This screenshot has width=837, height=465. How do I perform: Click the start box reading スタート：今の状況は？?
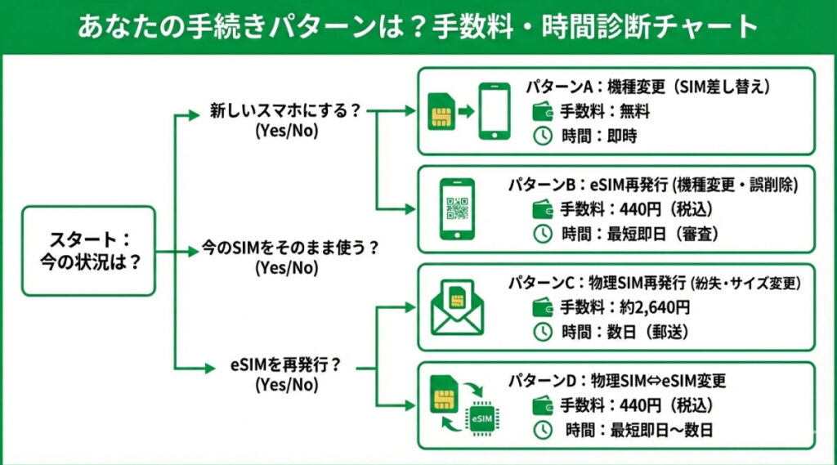(x=88, y=250)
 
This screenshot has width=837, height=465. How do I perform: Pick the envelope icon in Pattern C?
(x=458, y=308)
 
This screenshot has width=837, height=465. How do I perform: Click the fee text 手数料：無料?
(x=604, y=111)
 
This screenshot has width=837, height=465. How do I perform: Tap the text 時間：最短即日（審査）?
(x=639, y=234)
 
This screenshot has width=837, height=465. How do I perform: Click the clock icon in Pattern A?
(x=542, y=136)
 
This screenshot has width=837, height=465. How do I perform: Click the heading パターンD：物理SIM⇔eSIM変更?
(x=617, y=381)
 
